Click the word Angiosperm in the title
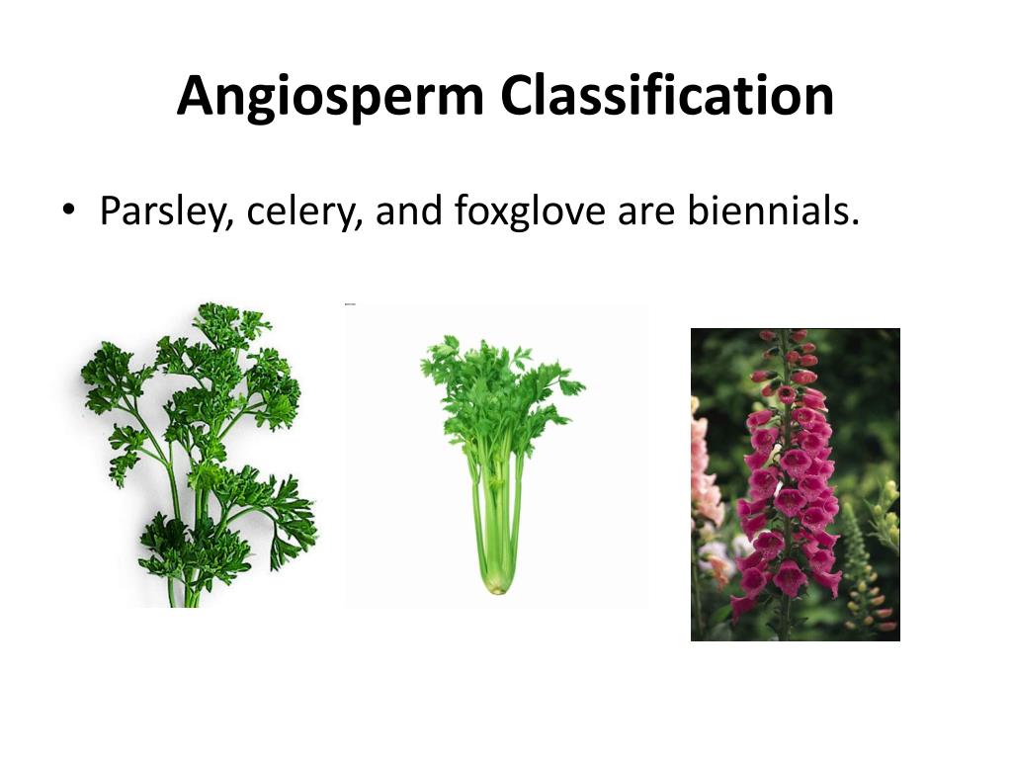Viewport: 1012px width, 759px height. (x=331, y=97)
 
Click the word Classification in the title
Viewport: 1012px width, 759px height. (x=667, y=97)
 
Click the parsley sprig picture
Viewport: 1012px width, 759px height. (x=198, y=455)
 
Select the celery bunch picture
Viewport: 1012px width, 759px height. (x=499, y=455)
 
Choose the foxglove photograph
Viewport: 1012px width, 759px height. (x=795, y=484)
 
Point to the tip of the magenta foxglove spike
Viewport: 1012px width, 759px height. (x=770, y=337)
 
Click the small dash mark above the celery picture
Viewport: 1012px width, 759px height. (x=350, y=304)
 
